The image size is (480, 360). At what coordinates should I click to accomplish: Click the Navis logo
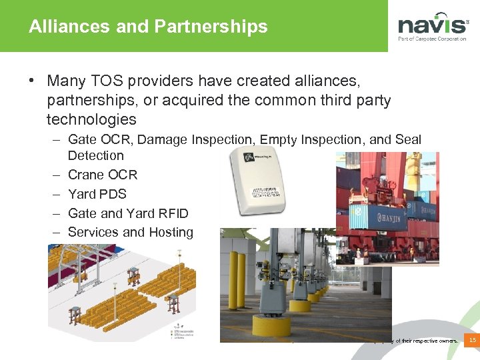[433, 26]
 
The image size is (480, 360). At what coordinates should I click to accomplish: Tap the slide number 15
[472, 341]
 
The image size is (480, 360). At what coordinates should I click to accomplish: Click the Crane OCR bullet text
[103, 175]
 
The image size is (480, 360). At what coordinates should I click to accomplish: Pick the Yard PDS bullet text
[97, 194]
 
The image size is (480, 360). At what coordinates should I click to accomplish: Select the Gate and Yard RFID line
[128, 213]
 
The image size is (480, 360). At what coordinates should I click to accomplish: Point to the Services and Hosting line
[131, 233]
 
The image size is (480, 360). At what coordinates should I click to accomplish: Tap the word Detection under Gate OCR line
[96, 155]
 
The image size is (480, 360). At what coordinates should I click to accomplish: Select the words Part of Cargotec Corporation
[432, 39]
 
